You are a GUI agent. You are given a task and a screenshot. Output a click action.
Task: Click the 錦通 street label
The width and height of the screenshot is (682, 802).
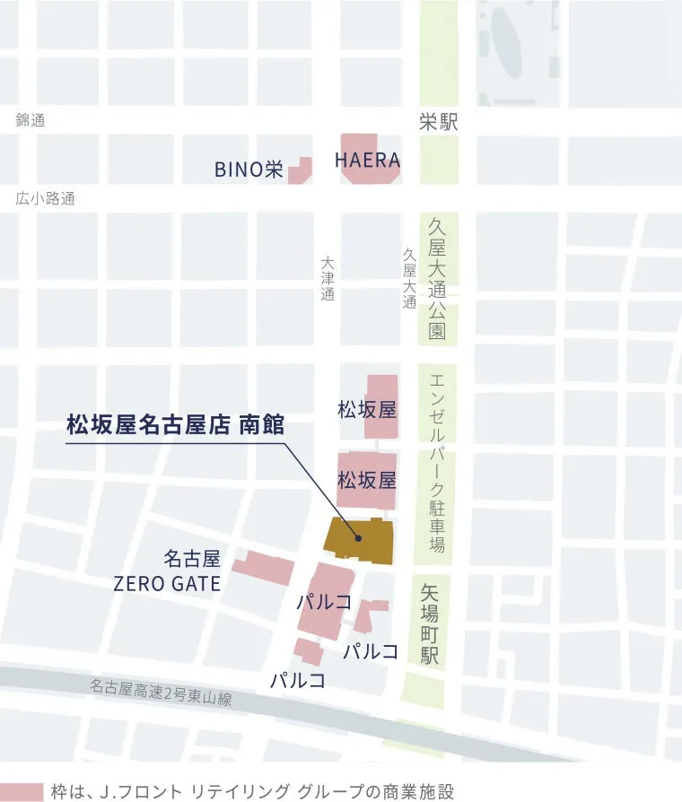pos(30,120)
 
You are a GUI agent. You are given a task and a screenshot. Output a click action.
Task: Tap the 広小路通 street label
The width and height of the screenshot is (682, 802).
pos(45,199)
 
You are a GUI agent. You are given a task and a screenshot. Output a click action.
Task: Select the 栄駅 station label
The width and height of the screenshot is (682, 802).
pos(438,123)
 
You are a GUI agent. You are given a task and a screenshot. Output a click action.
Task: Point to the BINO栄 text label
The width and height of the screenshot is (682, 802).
pos(248,170)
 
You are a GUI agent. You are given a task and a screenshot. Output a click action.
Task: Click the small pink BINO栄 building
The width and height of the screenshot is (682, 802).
pos(300,171)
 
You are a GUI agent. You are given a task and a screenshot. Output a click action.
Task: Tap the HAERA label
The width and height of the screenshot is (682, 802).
pos(367,160)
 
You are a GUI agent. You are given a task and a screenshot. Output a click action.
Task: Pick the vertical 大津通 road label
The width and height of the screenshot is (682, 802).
pos(328,278)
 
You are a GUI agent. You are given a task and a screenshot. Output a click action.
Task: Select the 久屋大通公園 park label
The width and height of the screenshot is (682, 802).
pos(437,278)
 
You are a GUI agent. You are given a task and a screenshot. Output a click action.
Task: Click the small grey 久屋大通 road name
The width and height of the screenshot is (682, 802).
pos(409,279)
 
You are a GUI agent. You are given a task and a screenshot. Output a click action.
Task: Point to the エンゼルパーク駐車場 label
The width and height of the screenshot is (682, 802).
pos(437,462)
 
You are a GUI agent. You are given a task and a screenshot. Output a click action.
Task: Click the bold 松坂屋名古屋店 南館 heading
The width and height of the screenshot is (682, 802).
pos(175,424)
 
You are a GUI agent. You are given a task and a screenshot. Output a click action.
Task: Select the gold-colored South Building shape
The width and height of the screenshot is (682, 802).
pos(359,540)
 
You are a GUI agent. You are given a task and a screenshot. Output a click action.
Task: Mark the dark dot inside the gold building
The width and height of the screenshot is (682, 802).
pos(358,539)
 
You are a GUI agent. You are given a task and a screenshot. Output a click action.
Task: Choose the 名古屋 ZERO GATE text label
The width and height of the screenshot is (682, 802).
pos(166,571)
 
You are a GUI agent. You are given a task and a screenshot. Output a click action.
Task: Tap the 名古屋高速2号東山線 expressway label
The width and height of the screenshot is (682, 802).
pos(160,692)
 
